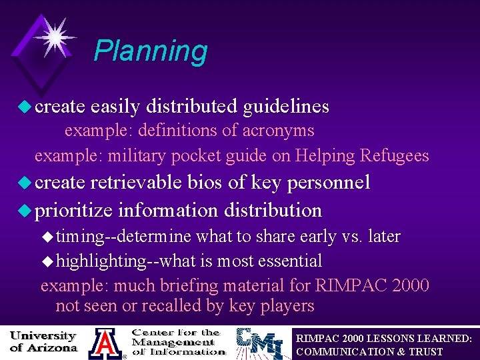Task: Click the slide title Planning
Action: [151, 51]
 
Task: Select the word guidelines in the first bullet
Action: [286, 106]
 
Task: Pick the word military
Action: [139, 156]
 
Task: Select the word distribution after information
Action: [273, 211]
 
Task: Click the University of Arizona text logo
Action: [43, 342]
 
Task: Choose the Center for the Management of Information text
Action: [177, 342]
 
